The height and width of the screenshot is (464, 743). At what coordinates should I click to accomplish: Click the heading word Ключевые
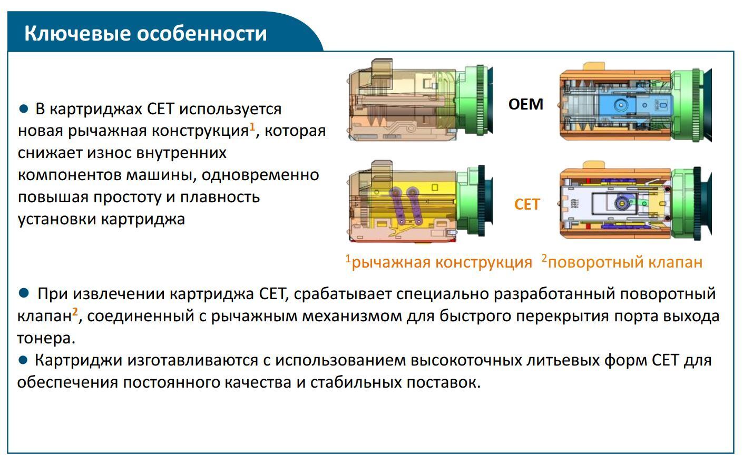coord(77,34)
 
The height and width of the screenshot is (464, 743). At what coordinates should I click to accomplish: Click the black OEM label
coord(526,104)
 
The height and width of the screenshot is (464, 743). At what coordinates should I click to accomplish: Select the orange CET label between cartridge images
coord(527,204)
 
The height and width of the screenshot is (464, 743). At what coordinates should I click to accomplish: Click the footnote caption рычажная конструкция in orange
coord(442,262)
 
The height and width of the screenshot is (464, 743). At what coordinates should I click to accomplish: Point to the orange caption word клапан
coord(676,262)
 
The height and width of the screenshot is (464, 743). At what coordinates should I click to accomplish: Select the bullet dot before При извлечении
coord(24,293)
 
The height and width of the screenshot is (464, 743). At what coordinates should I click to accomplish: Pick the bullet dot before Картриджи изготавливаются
coord(23,360)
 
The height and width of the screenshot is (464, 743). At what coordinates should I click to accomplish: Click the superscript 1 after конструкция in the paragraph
coord(252,126)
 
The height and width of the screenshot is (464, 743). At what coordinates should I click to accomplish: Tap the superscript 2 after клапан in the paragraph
coord(75,312)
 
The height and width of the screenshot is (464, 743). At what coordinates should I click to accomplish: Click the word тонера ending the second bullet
coord(46,339)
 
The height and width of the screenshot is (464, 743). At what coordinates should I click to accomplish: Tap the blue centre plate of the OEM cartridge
coord(635,105)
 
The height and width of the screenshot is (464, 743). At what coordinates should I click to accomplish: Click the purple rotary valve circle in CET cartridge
coord(621,203)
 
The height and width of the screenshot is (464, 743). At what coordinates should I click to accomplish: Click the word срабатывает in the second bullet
coord(343,294)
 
